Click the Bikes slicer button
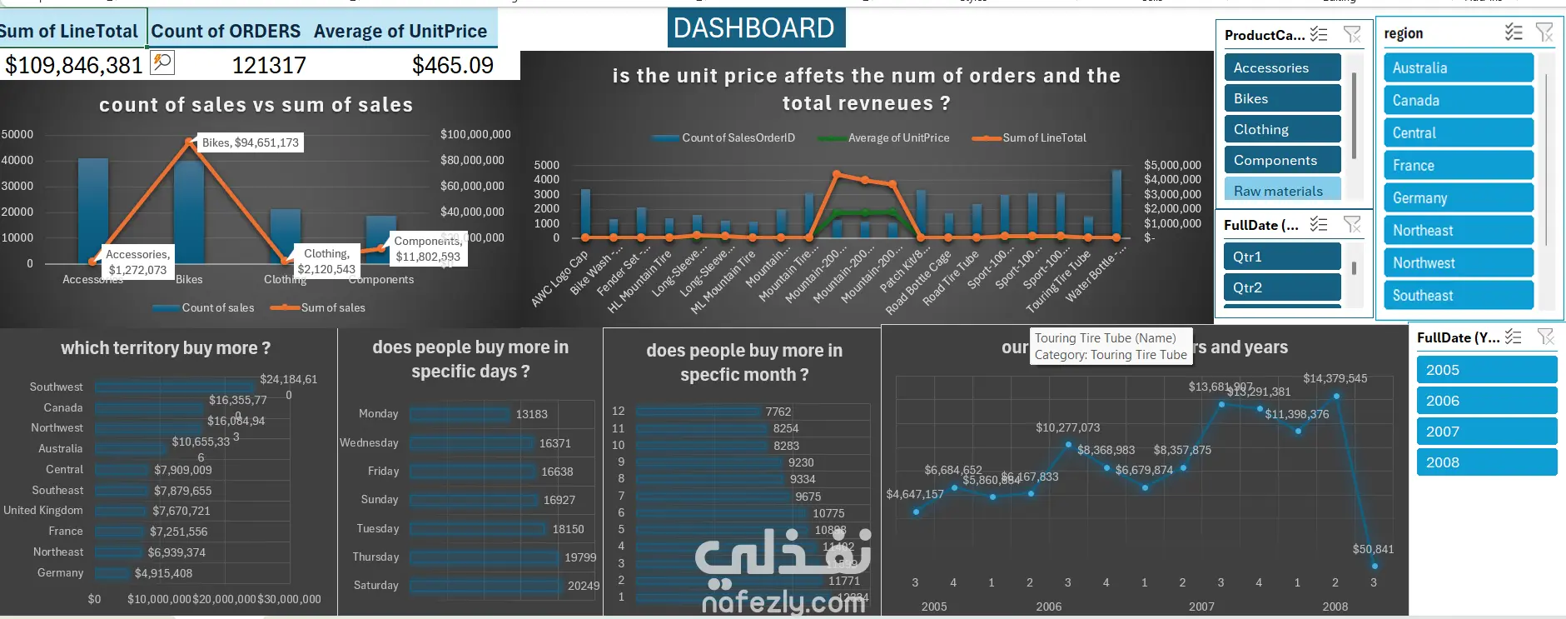pos(1281,98)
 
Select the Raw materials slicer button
pos(1281,191)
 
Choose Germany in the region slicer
pos(1458,198)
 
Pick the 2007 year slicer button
pos(1485,432)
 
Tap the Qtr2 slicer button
pos(1281,287)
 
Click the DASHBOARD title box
pos(755,28)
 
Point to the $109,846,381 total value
pos(73,65)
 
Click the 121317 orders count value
pos(268,65)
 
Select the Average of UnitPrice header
pos(400,32)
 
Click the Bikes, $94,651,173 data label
pos(250,142)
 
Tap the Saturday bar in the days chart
pos(485,586)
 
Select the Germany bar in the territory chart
pos(112,573)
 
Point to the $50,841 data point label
pos(1372,549)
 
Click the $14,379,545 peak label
pos(1335,378)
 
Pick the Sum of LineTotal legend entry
pos(1043,138)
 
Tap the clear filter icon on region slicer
pos(1544,32)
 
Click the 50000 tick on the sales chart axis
pos(17,134)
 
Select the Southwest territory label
pos(56,387)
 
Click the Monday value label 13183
pos(531,414)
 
